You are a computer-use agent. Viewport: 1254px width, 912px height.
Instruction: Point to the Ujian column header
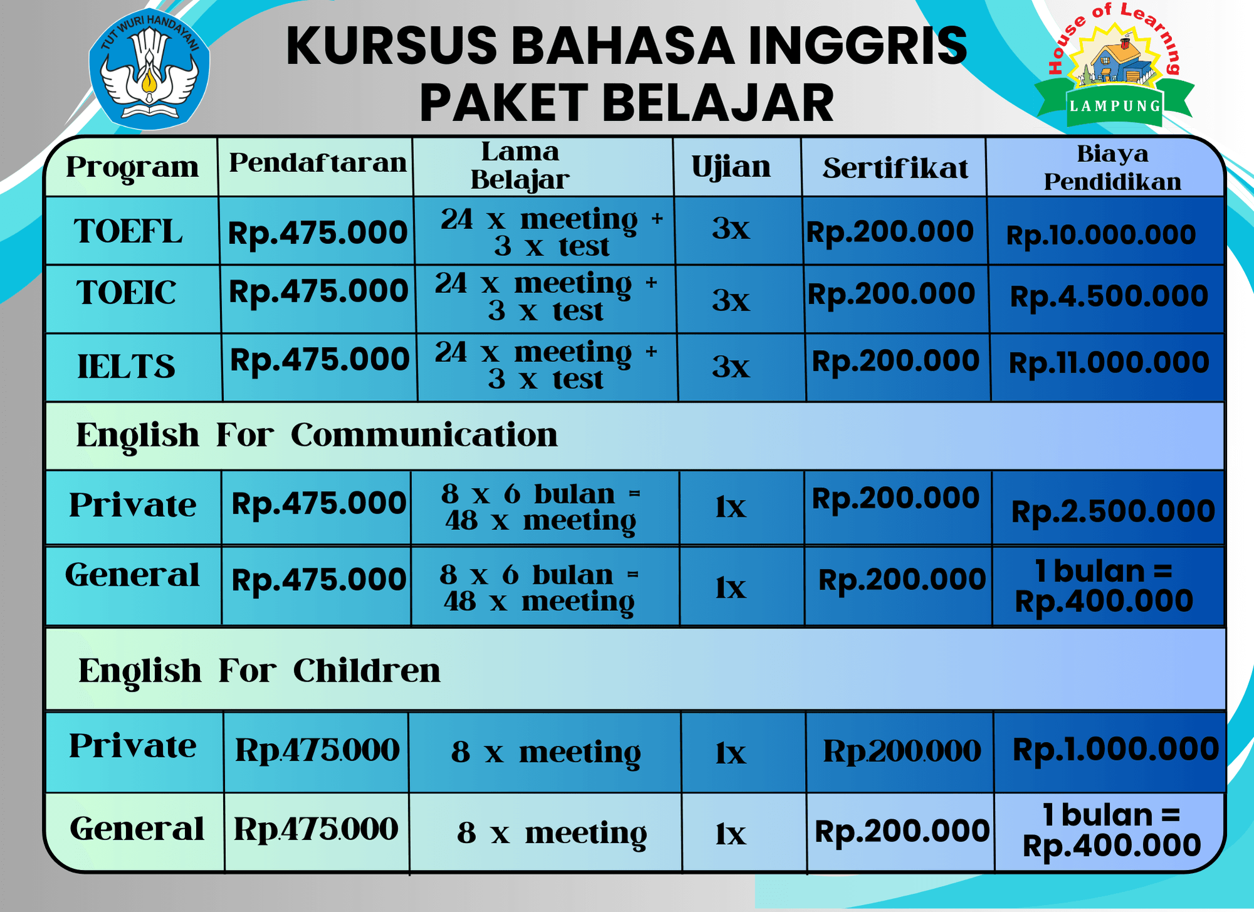click(731, 167)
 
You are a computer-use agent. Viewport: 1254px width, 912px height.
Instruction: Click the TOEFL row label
click(129, 231)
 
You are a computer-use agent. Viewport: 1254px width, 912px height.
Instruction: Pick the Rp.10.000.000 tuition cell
click(1101, 235)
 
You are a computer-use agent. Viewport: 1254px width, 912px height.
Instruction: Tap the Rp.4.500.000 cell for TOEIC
click(1109, 296)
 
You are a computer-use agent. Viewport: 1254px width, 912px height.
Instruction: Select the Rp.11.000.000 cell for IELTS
click(1109, 363)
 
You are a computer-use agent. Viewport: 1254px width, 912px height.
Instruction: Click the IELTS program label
click(126, 366)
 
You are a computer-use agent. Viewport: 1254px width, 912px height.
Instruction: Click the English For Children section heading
click(260, 671)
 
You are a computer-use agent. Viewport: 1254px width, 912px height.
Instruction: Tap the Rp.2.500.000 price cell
click(1113, 511)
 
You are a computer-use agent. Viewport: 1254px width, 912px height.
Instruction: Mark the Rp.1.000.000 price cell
click(1115, 749)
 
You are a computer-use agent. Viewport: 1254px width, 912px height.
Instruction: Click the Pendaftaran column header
click(318, 163)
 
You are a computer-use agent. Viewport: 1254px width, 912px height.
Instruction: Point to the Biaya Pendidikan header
click(1112, 167)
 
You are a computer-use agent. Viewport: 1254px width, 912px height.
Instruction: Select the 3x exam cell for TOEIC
click(731, 300)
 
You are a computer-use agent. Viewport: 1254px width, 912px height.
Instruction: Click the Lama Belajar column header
click(520, 166)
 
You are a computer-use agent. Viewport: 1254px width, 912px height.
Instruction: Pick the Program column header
click(132, 167)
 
